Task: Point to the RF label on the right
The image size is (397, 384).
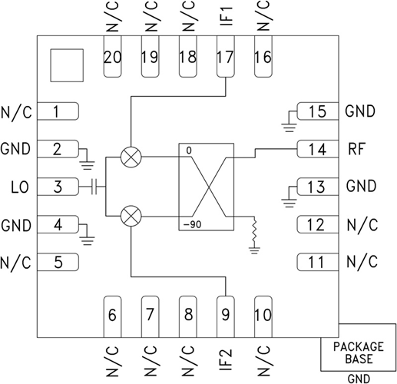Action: [x=356, y=149]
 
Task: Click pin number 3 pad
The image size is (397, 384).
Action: [x=58, y=187]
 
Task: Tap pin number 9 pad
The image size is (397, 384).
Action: [x=225, y=313]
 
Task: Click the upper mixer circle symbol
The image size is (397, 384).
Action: [x=131, y=157]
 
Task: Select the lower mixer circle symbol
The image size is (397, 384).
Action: [x=131, y=216]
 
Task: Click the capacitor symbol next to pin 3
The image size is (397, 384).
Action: [x=93, y=187]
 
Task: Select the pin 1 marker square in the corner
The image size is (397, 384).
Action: [x=65, y=65]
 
